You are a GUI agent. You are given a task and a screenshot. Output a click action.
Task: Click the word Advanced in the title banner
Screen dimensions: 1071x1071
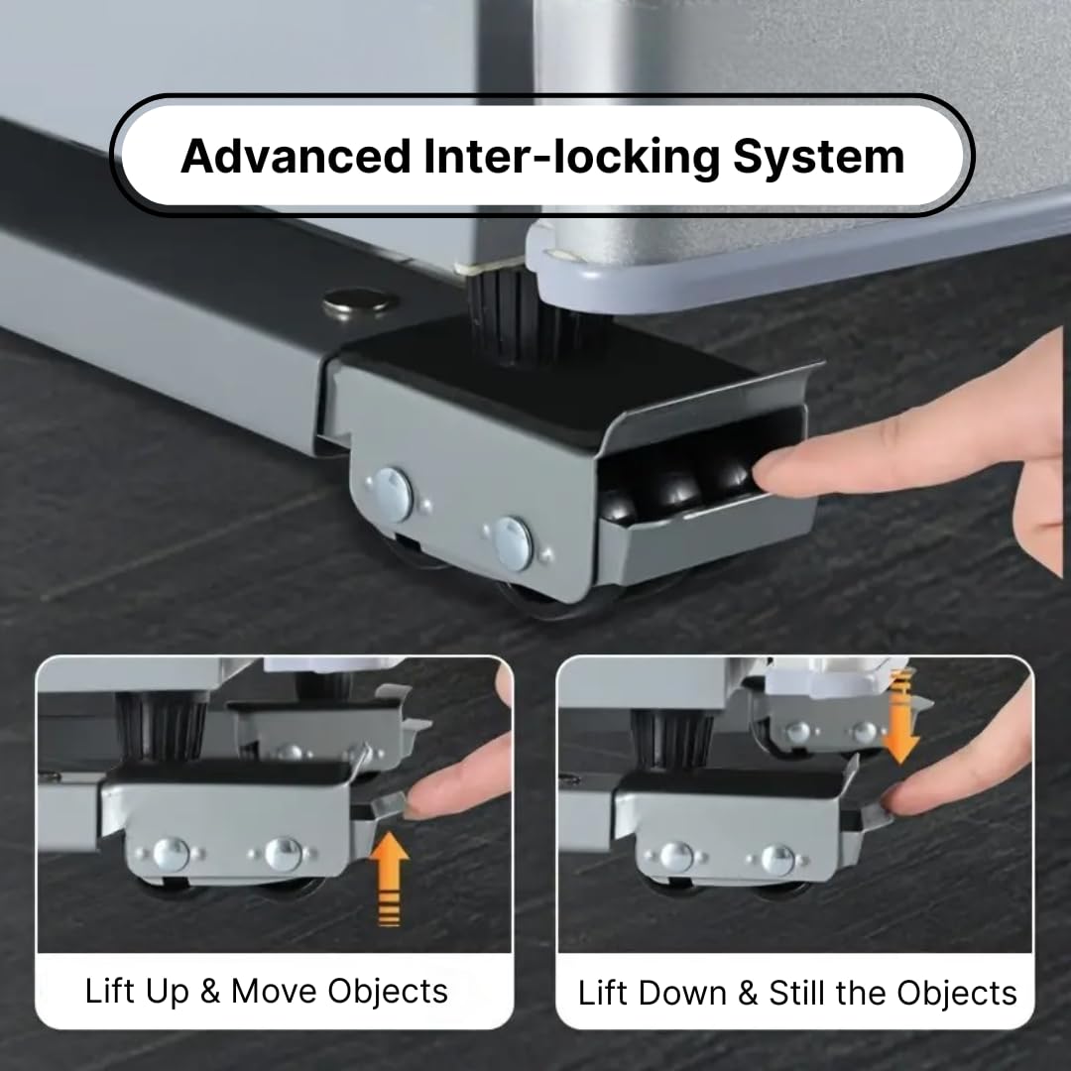[296, 157]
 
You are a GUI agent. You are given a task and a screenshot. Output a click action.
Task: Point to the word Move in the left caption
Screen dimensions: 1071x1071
[275, 991]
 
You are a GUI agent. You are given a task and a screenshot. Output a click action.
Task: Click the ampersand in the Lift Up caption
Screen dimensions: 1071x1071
[209, 992]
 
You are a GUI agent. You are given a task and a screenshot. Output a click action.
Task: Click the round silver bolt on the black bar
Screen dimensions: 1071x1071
[359, 301]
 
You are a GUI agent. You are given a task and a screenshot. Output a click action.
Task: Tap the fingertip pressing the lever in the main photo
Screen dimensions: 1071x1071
[778, 467]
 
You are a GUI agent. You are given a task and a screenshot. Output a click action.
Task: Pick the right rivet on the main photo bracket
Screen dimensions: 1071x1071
[513, 542]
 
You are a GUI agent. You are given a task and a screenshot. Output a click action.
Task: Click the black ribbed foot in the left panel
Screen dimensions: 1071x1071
[162, 727]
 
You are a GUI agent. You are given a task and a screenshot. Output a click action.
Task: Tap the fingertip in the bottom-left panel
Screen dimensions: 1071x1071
[426, 796]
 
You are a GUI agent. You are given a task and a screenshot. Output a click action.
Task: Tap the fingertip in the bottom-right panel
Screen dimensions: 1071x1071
[905, 796]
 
